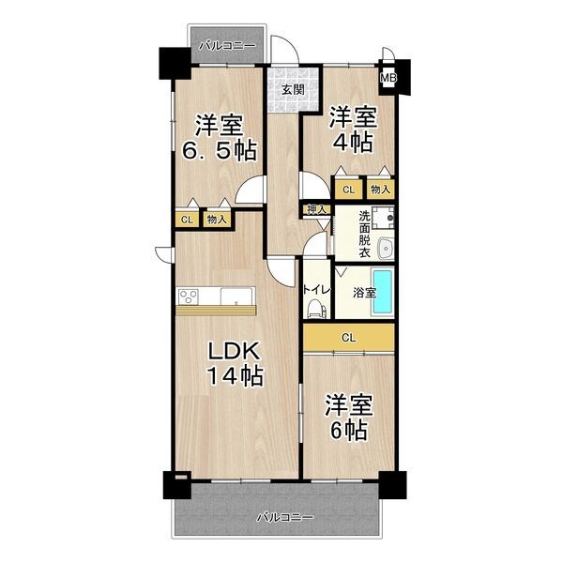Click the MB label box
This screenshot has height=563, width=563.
click(x=388, y=79)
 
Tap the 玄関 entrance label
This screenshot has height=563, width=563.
click(x=290, y=90)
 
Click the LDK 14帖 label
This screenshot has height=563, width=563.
click(x=235, y=364)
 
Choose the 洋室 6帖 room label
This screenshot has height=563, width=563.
click(x=348, y=418)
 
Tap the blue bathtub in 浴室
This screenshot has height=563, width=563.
click(x=384, y=285)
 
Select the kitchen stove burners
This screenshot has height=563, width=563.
click(x=188, y=297)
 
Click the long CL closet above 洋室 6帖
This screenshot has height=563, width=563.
click(x=348, y=337)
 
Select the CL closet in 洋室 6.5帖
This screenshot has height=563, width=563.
click(x=187, y=219)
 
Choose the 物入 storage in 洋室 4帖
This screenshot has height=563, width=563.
click(x=381, y=190)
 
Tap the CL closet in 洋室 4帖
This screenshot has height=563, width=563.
click(x=348, y=190)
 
